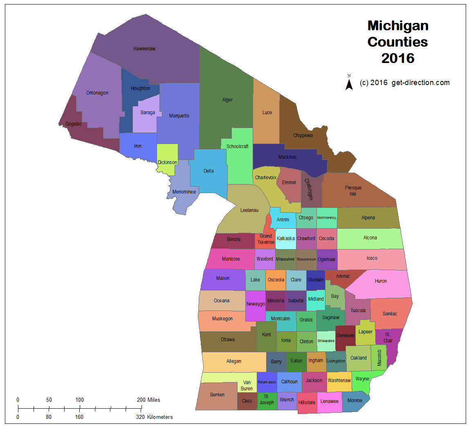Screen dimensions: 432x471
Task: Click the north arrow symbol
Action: point(349,83)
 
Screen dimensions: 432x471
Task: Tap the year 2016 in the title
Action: point(398,58)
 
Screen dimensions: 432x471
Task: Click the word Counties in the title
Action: point(397,42)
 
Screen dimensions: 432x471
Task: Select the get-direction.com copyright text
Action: point(405,83)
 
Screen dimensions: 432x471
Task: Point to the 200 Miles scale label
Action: point(148,400)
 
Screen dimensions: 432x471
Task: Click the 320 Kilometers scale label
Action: point(154,417)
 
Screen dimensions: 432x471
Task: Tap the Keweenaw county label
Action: point(144,49)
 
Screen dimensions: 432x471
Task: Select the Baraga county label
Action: point(148,112)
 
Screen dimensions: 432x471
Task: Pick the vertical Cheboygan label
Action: point(309,189)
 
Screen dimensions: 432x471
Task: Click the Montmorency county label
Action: point(327,218)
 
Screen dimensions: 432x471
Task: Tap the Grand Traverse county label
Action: point(266,239)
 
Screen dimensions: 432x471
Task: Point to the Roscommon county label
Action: point(306,259)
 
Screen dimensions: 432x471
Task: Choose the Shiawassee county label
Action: point(326,341)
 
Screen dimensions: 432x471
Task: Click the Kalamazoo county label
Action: point(267,382)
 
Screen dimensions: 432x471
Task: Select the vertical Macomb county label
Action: point(379,358)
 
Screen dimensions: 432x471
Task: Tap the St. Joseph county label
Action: point(267,399)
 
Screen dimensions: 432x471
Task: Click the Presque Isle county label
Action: point(353,191)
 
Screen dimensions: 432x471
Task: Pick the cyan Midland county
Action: point(316,299)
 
